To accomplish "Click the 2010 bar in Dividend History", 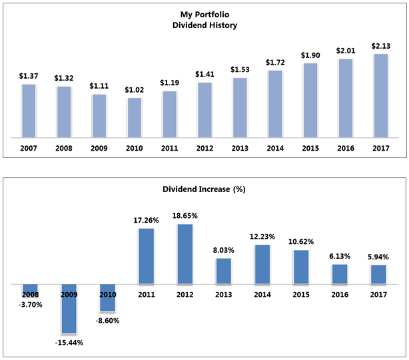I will coord(134,118).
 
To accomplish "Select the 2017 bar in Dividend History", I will coord(380,96).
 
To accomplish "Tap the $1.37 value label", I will coord(28,76).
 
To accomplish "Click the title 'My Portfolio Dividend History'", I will coord(204,20).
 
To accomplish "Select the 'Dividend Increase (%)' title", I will coord(204,189).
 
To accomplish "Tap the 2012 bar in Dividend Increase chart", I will coord(185,254).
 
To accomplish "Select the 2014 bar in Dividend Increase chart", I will coord(262,265).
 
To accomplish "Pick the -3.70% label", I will coord(31,305).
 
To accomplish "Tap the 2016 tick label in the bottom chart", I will coord(340,293).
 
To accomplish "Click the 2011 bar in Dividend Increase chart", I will coord(147,256).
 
